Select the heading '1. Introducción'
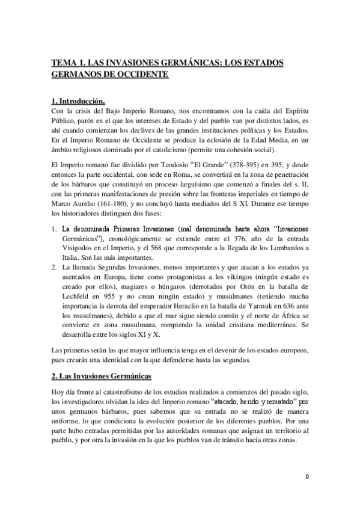click(79, 100)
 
